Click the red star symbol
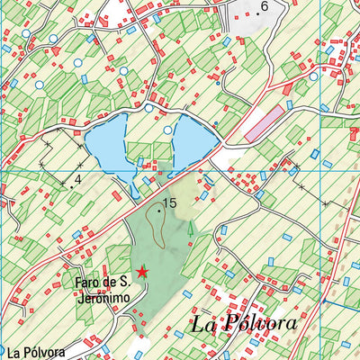click(141, 270)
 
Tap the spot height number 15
click(169, 205)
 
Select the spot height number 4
click(78, 179)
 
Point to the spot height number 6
click(264, 7)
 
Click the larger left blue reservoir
click(117, 144)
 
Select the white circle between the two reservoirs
click(168, 130)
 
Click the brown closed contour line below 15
click(156, 232)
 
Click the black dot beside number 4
click(71, 184)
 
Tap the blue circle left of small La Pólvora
click(2, 349)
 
